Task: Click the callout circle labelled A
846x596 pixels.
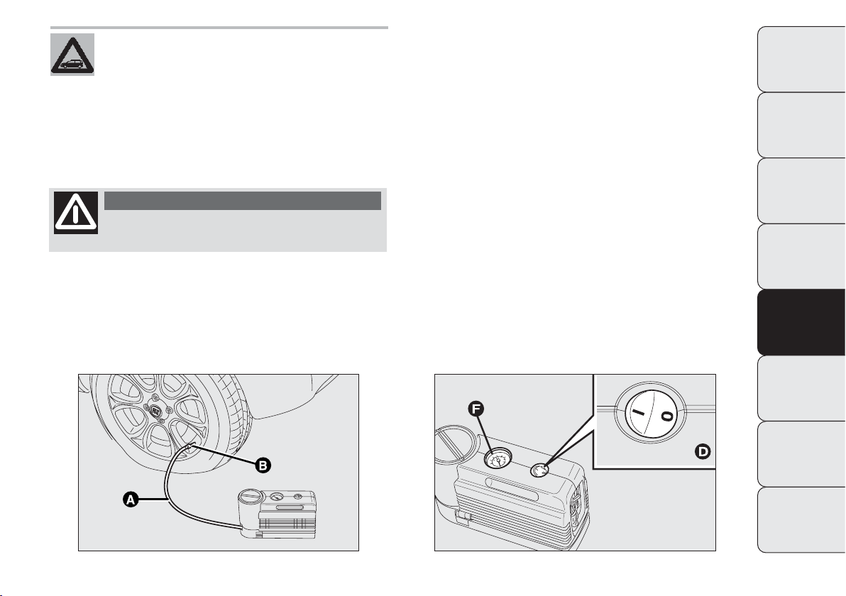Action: (x=130, y=500)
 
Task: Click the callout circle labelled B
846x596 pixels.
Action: (x=263, y=465)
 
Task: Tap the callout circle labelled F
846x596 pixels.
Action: (x=476, y=409)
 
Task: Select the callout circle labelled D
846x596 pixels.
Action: (x=703, y=452)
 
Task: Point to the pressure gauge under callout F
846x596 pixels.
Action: (x=496, y=460)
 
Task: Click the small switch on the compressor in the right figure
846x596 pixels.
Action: (x=539, y=470)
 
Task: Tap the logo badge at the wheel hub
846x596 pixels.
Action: (x=155, y=410)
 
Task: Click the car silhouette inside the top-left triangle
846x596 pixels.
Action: (x=72, y=64)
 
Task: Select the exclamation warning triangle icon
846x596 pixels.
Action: (x=76, y=213)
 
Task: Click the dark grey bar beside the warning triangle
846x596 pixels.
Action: (x=243, y=200)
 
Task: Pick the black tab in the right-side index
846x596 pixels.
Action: (x=801, y=323)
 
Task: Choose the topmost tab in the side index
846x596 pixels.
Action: (x=801, y=60)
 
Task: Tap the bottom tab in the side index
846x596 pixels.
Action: (x=801, y=520)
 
